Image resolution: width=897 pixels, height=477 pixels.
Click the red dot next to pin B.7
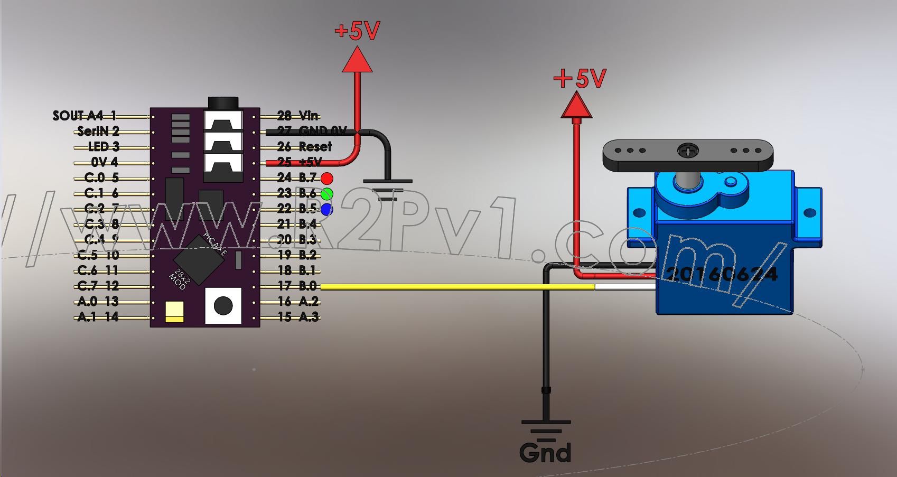pyautogui.click(x=327, y=178)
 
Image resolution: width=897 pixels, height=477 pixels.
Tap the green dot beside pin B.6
pyautogui.click(x=327, y=194)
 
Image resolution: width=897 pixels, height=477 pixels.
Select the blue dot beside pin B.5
pyautogui.click(x=326, y=209)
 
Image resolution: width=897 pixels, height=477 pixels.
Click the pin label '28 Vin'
pyautogui.click(x=298, y=116)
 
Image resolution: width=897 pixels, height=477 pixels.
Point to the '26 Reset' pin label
pyautogui.click(x=304, y=146)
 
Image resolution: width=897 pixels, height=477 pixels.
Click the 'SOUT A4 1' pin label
pyautogui.click(x=85, y=116)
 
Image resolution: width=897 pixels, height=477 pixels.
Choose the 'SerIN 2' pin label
pyautogui.click(x=98, y=131)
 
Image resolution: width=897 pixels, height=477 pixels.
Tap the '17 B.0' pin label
pyautogui.click(x=297, y=286)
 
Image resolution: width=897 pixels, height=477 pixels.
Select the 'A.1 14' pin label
pyautogui.click(x=98, y=317)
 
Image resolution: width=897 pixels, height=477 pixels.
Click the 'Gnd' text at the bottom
pyautogui.click(x=545, y=453)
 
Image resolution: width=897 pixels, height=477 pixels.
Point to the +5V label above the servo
pyautogui.click(x=580, y=79)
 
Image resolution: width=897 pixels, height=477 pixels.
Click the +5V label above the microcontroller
pyautogui.click(x=357, y=31)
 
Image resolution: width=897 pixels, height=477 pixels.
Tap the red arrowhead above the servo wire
pyautogui.click(x=576, y=105)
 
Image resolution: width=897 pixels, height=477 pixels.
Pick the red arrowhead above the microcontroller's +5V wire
pyautogui.click(x=357, y=59)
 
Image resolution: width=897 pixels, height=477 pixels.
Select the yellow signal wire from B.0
pyautogui.click(x=454, y=287)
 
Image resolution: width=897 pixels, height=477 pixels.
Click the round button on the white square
pyautogui.click(x=223, y=305)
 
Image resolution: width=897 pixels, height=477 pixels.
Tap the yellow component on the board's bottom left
pyautogui.click(x=174, y=312)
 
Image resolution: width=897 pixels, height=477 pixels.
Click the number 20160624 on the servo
pyautogui.click(x=722, y=274)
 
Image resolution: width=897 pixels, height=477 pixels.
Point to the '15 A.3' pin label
pyautogui.click(x=298, y=317)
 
